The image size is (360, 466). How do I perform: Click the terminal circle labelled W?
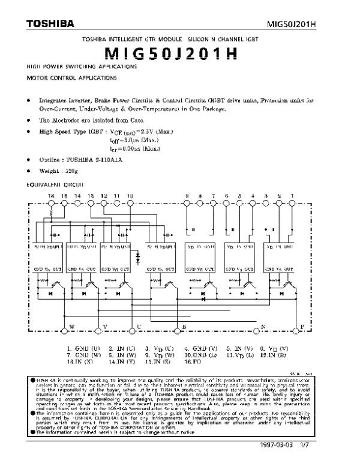pyautogui.click(x=64, y=330)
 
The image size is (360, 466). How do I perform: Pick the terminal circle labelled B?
pyautogui.click(x=176, y=330)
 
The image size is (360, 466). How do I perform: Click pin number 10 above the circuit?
pyautogui.click(x=130, y=196)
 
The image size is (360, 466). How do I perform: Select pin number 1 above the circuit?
pyautogui.click(x=292, y=196)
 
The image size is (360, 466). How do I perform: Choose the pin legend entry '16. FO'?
pyautogui.click(x=193, y=362)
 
